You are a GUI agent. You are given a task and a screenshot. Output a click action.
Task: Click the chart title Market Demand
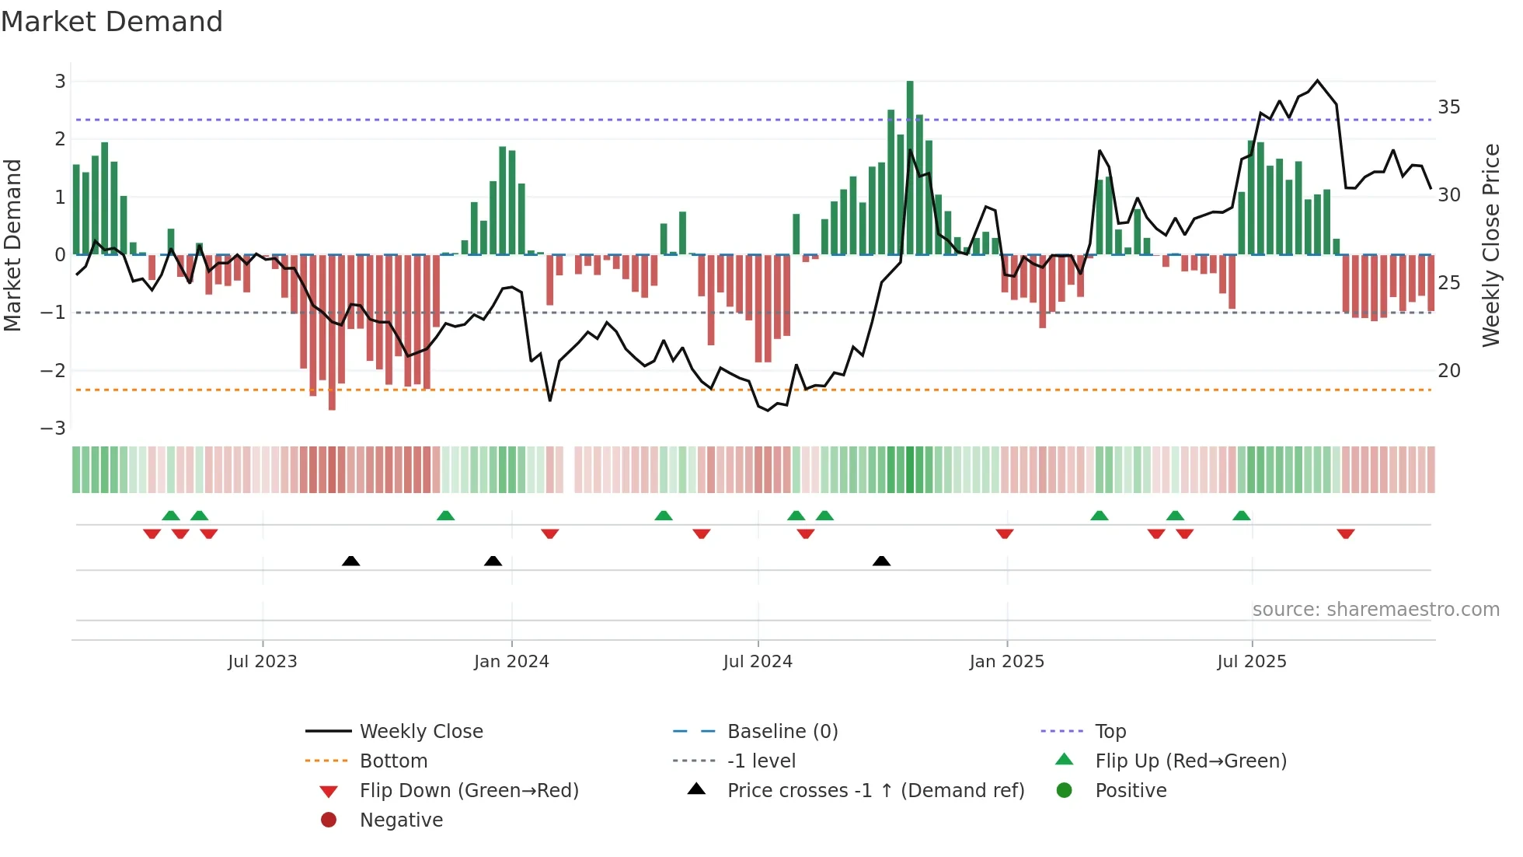coord(112,22)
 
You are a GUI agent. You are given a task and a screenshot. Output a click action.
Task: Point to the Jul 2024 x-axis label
coord(758,662)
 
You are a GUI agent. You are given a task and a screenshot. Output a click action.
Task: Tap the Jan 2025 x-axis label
coord(1006,662)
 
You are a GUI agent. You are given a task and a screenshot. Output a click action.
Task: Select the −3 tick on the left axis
coord(54,428)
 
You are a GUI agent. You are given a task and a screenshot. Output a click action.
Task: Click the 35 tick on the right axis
coord(1448,107)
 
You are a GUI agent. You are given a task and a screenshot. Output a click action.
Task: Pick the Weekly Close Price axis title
coord(1490,245)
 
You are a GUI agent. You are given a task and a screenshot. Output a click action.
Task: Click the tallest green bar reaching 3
coord(910,167)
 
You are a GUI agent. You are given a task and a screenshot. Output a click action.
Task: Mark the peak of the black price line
coord(1317,81)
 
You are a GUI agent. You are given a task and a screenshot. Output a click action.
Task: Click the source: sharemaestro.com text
coord(1375,610)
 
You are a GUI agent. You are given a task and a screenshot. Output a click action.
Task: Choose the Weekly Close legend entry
coord(420,732)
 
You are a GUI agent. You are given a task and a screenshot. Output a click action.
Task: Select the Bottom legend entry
coord(393,761)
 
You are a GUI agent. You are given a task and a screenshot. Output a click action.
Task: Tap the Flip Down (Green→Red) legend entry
coord(469,791)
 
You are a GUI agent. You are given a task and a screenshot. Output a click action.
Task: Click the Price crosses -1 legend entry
coord(875,791)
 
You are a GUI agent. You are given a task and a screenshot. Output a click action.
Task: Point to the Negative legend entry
coord(401,820)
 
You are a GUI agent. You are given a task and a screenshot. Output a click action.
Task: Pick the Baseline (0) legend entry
coord(782,732)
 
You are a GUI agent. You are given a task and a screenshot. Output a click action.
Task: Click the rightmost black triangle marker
coord(881,561)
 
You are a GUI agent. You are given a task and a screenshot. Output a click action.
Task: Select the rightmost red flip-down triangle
coord(1346,533)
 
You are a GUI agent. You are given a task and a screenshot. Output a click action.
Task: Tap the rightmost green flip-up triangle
coord(1242,516)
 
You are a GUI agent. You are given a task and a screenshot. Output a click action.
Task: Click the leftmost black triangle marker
coord(350,561)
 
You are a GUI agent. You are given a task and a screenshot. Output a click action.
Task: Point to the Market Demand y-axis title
coord(13,245)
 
